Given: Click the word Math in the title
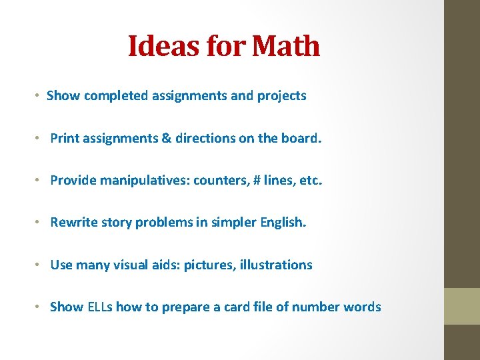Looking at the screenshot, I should coord(287,47).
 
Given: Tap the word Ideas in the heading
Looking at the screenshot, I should coord(154,47).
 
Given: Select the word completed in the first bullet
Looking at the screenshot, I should coord(115,95).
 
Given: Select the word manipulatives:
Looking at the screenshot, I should coord(145,180).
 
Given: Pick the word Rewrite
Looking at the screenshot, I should coord(73,222).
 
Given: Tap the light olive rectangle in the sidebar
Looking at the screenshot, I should coord(462,306).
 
